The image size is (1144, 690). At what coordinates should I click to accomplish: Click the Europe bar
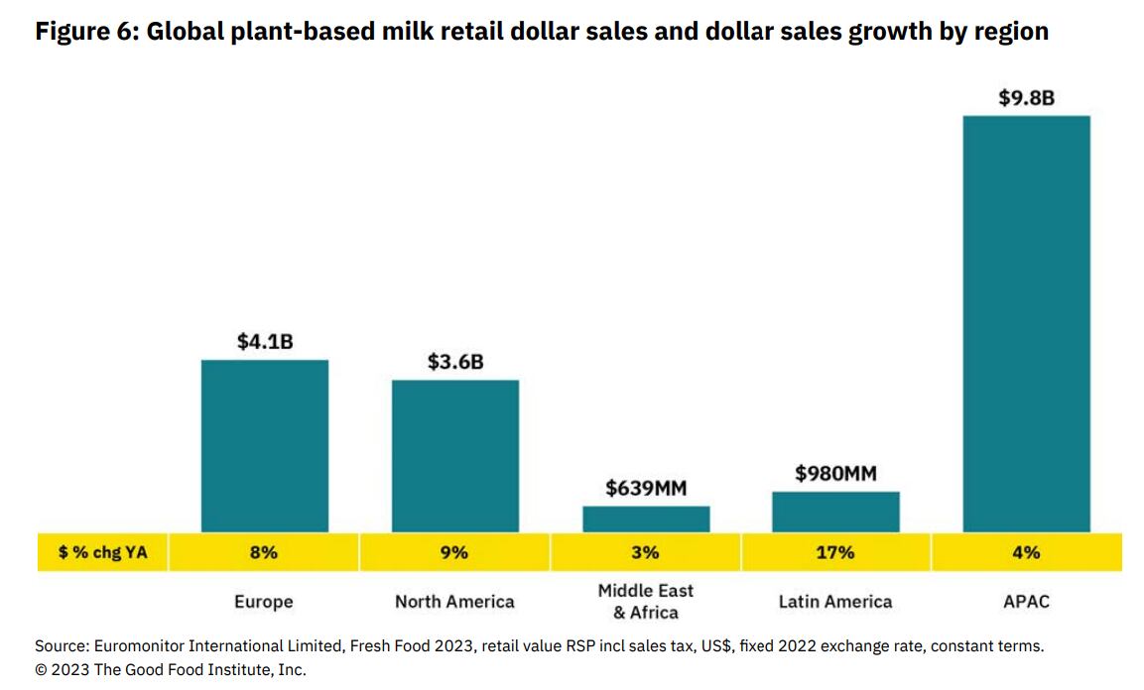(264, 446)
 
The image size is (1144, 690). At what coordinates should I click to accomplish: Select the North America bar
(454, 456)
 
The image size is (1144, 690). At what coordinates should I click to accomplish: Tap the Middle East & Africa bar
(646, 519)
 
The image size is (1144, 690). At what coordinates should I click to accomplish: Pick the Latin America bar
(835, 512)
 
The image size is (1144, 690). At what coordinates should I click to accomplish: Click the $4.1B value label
(265, 342)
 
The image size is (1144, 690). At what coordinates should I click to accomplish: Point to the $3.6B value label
(455, 362)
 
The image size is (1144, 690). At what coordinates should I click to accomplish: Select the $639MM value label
(646, 489)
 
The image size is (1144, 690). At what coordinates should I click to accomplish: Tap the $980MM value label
(835, 474)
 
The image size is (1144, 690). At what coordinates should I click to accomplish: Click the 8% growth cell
(264, 552)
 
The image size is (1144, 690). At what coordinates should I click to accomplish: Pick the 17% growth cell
(835, 552)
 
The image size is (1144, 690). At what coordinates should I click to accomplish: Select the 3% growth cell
(646, 552)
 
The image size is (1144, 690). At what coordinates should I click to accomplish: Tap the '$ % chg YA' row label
(103, 552)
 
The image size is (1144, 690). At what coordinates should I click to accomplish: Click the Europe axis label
(264, 601)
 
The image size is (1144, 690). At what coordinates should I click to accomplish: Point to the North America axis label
(454, 601)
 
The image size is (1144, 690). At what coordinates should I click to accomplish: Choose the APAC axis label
(1026, 601)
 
